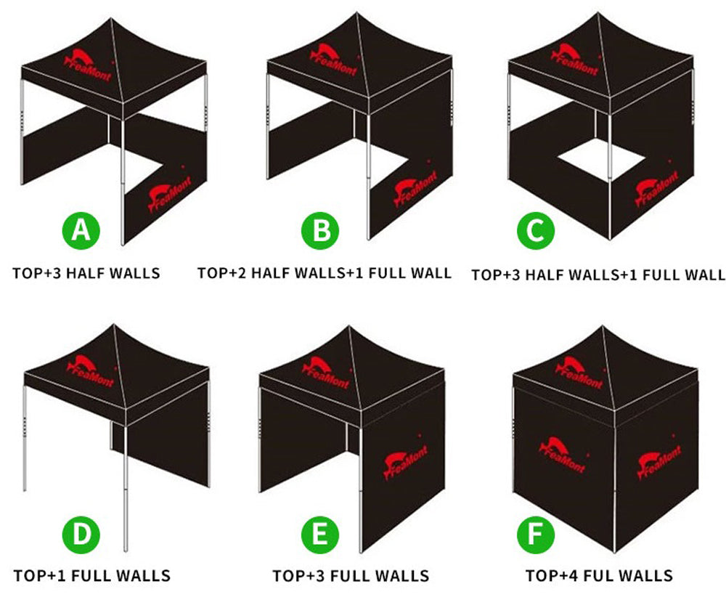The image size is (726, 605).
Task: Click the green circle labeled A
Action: click(x=81, y=230)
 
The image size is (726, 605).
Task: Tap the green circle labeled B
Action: click(x=320, y=230)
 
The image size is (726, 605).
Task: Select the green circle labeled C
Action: click(x=536, y=230)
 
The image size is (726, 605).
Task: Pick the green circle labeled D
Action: click(x=81, y=535)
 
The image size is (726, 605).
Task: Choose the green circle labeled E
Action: click(x=320, y=535)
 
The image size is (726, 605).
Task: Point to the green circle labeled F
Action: click(x=536, y=535)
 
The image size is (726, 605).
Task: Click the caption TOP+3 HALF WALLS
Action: click(x=86, y=273)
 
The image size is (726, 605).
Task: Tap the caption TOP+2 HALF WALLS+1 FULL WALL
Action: click(x=324, y=273)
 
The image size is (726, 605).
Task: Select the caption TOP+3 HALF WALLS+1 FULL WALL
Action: click(x=598, y=275)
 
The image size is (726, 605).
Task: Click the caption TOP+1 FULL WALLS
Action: click(x=92, y=576)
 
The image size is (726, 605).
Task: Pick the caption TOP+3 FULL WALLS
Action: click(x=351, y=576)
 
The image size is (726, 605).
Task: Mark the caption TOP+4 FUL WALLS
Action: click(x=599, y=575)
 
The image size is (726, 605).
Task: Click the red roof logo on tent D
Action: click(x=91, y=371)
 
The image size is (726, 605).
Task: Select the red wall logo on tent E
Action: click(x=406, y=461)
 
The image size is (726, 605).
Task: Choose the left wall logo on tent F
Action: click(x=562, y=455)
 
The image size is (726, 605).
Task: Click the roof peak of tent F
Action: click(x=603, y=326)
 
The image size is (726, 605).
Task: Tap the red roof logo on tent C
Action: click(x=575, y=60)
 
